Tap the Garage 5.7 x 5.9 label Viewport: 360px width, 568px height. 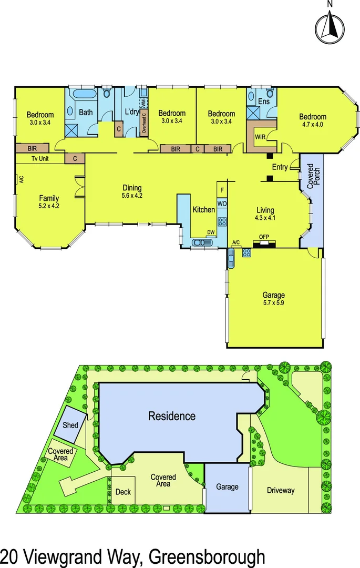[x=273, y=299]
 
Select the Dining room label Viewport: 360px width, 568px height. [x=132, y=191]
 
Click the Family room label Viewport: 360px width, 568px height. [x=49, y=202]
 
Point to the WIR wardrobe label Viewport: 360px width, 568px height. [x=260, y=137]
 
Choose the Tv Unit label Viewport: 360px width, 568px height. [x=40, y=158]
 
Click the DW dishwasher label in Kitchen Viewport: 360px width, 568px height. [x=210, y=232]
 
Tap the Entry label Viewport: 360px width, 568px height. [x=280, y=167]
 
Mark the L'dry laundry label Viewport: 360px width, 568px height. [x=131, y=113]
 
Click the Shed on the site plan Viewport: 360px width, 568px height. [x=70, y=425]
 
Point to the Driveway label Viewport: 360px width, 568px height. [x=281, y=491]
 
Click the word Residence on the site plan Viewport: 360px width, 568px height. [x=172, y=417]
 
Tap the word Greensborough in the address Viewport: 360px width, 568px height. [x=207, y=556]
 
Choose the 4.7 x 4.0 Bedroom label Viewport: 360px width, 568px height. [x=313, y=121]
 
